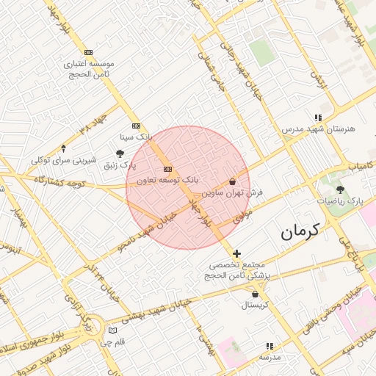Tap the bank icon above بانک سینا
point(136,126)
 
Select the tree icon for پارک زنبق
point(120,153)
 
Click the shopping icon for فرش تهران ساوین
point(233,181)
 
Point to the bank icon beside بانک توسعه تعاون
point(168,169)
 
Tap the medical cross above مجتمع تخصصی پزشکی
point(236,253)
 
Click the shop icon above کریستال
point(255,293)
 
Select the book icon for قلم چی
point(112,331)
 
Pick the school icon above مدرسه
point(270,345)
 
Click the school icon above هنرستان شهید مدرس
point(317,117)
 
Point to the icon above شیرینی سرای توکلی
point(62,148)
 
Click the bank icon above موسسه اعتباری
point(89,52)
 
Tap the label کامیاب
point(360,168)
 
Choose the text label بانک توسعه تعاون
point(168,180)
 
